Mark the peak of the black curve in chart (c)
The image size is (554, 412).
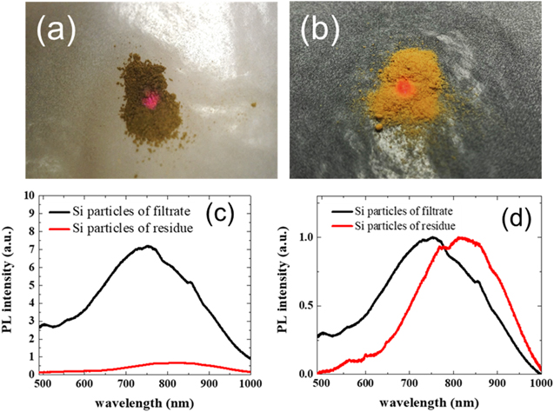click(x=149, y=247)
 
